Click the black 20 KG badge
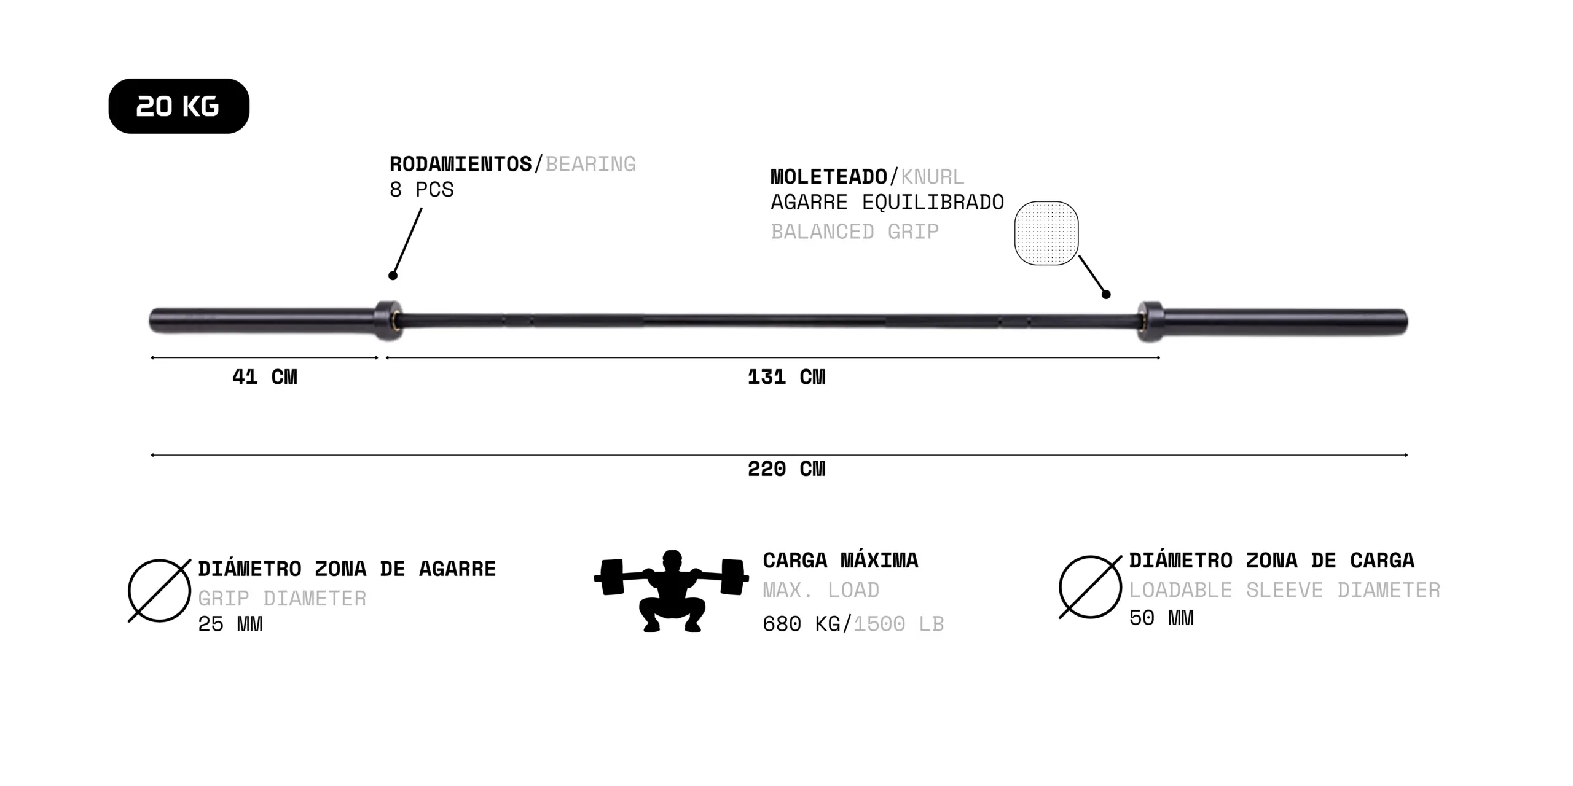coord(179,106)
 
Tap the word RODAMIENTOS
coord(461,165)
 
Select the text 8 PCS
coord(422,190)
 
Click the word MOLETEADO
coord(829,177)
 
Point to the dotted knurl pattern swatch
coord(1046,233)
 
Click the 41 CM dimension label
coord(265,376)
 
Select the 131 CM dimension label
coord(786,376)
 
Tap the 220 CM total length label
coord(786,469)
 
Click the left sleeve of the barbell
coord(263,321)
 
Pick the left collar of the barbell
coord(388,320)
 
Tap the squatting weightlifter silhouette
coord(672,591)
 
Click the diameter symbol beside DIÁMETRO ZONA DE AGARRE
coord(160,591)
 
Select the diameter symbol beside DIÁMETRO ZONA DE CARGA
coord(1091,587)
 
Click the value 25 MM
coord(230,624)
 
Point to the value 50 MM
coord(1161,618)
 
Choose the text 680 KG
coord(801,624)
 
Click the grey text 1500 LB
coord(899,624)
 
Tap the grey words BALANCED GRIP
coord(855,232)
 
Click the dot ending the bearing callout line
coord(393,276)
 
